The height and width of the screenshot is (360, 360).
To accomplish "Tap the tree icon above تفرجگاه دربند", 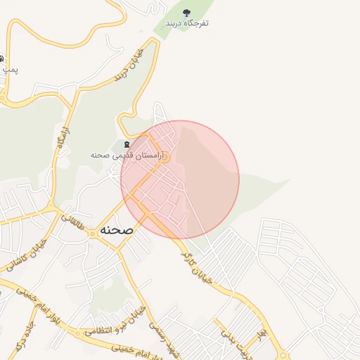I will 186,13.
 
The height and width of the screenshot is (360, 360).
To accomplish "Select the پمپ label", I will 10,70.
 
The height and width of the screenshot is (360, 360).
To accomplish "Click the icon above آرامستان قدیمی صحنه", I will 127,144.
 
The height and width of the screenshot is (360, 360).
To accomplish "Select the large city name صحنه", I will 116,230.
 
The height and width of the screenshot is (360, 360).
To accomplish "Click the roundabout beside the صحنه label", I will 115,248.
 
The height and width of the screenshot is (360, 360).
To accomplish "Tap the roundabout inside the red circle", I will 165,158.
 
